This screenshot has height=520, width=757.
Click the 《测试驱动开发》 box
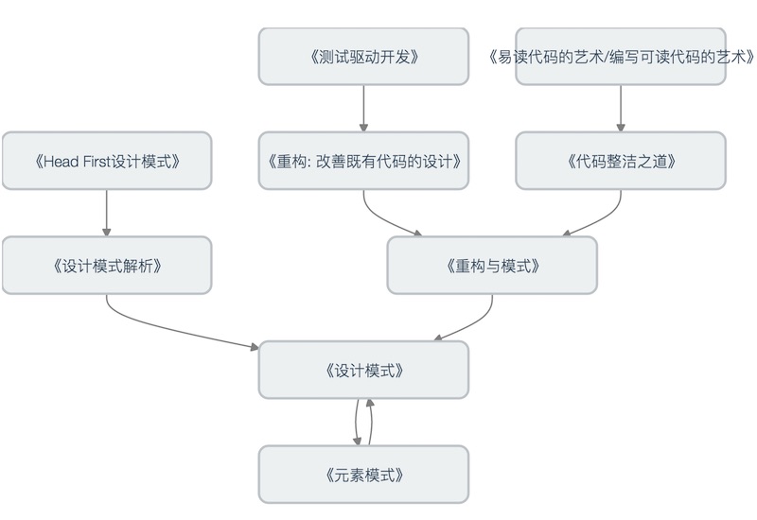pos(363,57)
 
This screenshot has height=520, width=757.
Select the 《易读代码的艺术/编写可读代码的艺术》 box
pos(621,57)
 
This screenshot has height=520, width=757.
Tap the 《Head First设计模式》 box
pos(106,161)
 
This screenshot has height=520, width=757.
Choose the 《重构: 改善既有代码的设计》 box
pos(363,161)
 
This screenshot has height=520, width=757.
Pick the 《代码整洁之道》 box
pos(621,161)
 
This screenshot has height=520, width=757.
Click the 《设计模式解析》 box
pos(106,266)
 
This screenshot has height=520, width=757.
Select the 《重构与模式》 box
pos(492,266)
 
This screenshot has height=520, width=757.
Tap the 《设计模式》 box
pos(363,370)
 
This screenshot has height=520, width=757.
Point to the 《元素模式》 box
pos(363,474)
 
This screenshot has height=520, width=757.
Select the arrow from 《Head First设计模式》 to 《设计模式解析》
pos(106,213)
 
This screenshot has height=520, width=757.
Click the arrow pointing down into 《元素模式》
pos(357,422)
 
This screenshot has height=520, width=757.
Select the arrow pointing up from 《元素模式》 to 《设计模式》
pos(371,422)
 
